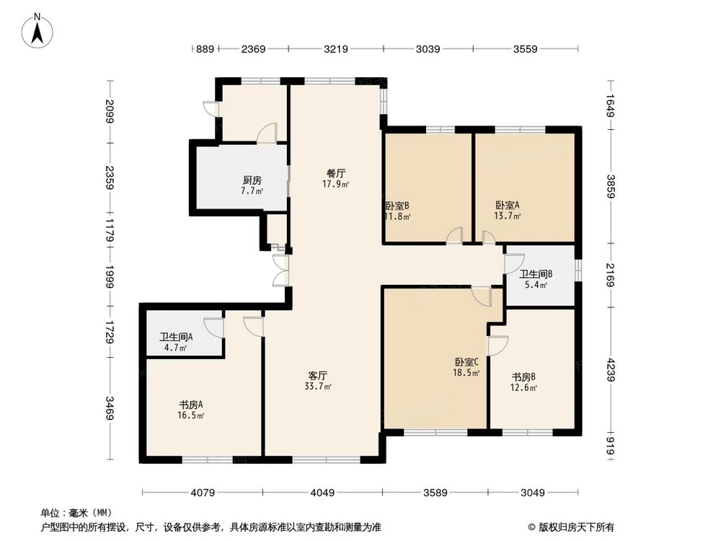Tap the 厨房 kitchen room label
pyautogui.click(x=252, y=181)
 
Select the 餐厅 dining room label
pyautogui.click(x=336, y=174)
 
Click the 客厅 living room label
pyautogui.click(x=318, y=376)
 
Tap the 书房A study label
pyautogui.click(x=191, y=404)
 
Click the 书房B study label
pyautogui.click(x=523, y=377)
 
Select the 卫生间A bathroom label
pyautogui.click(x=176, y=337)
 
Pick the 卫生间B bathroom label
pyautogui.click(x=536, y=274)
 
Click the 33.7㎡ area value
pyautogui.click(x=318, y=387)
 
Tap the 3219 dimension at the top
pyautogui.click(x=336, y=49)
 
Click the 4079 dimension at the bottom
pyautogui.click(x=203, y=493)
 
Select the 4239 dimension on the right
pyautogui.click(x=610, y=369)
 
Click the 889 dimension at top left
pyautogui.click(x=205, y=49)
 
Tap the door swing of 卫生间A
pyautogui.click(x=214, y=327)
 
